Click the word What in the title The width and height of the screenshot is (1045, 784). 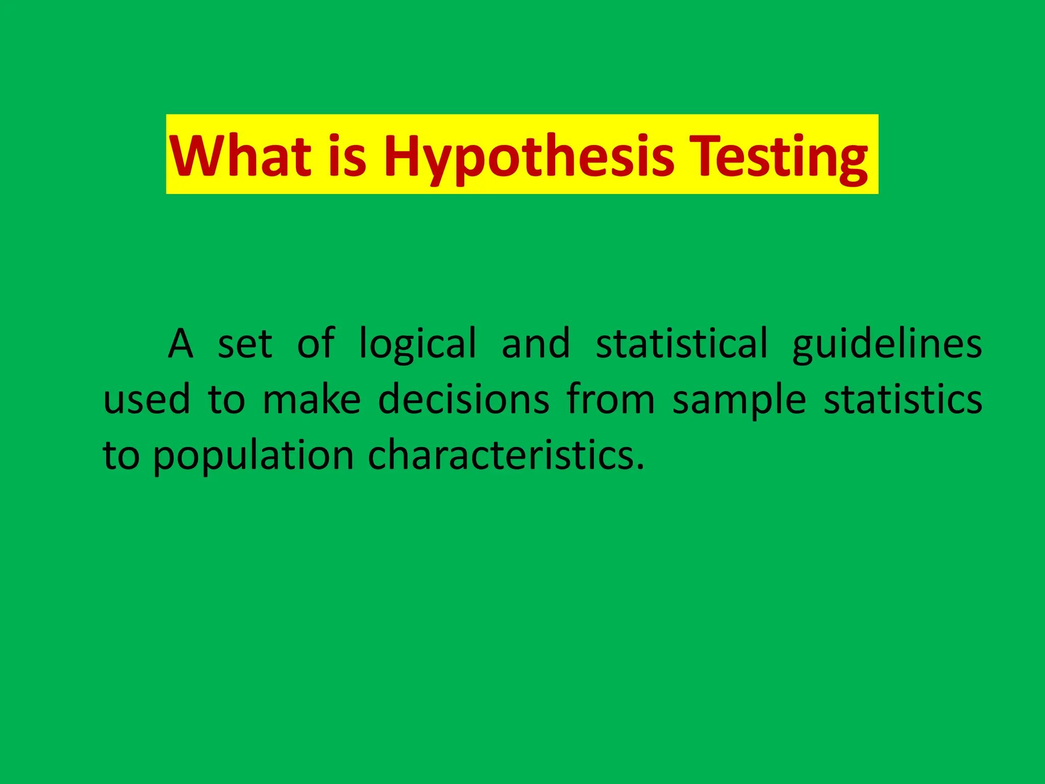(x=240, y=155)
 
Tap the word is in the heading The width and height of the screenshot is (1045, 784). (x=347, y=155)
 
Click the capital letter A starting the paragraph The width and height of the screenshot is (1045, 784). (x=181, y=344)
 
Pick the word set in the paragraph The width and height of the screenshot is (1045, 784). (x=245, y=344)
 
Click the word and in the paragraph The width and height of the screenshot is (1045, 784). (x=536, y=344)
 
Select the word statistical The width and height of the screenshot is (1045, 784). (x=682, y=344)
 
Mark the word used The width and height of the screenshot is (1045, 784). (x=147, y=399)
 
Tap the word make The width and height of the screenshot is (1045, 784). (x=312, y=399)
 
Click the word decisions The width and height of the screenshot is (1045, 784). (x=464, y=399)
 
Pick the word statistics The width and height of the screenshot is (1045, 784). (x=903, y=399)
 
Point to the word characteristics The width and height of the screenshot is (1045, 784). (x=506, y=455)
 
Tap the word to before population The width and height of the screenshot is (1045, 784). (x=121, y=455)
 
